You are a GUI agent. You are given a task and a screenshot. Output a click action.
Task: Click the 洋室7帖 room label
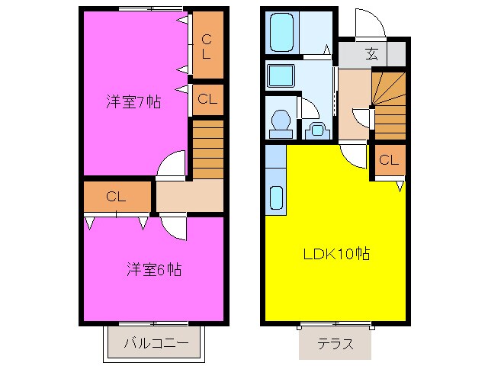(133, 101)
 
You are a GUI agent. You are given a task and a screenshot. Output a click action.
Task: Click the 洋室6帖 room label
(153, 269)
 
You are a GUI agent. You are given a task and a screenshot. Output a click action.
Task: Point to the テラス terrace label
(335, 343)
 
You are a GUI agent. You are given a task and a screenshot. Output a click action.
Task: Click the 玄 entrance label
(372, 54)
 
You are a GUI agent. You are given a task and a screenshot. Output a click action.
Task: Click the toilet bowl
(281, 123)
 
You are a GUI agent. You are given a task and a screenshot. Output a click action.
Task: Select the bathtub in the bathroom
(282, 31)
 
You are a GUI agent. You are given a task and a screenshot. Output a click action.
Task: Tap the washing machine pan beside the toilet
(315, 130)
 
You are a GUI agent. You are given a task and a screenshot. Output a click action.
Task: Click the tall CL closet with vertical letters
(207, 46)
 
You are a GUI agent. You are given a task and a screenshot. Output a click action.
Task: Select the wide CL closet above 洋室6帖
(116, 196)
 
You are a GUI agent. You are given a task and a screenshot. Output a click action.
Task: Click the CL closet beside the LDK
(388, 160)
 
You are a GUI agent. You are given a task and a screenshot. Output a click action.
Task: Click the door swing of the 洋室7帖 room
(173, 165)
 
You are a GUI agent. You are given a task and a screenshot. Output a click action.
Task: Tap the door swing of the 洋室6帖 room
(172, 226)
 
